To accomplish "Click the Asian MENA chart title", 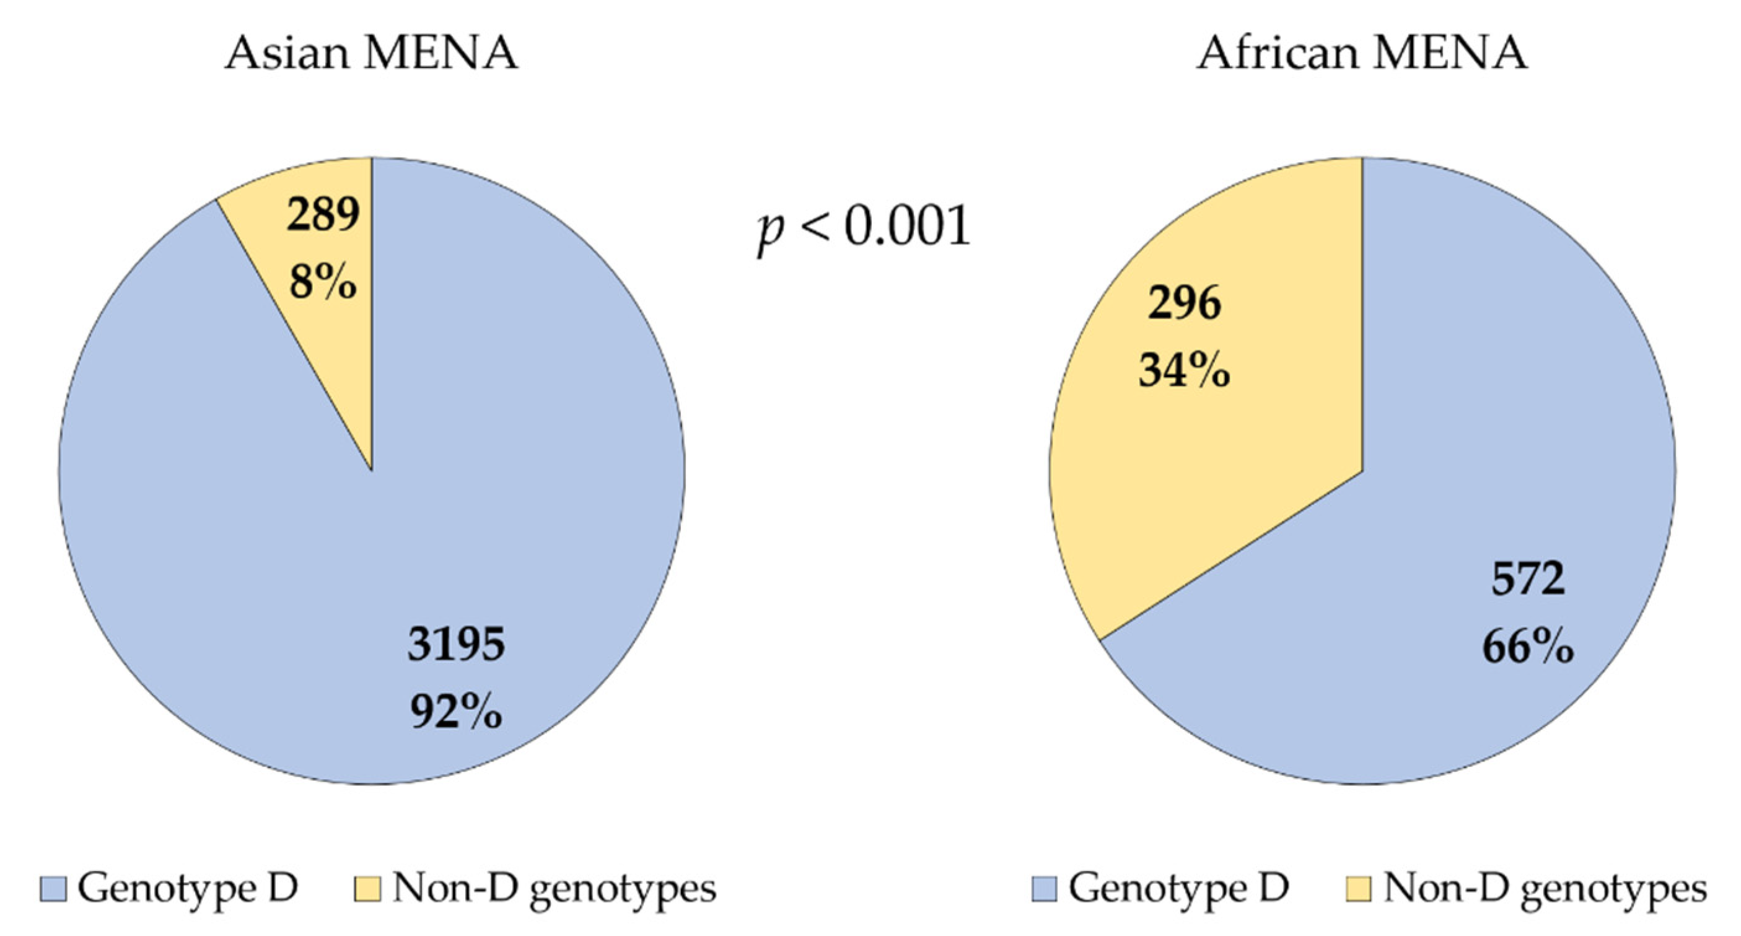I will pyautogui.click(x=371, y=53).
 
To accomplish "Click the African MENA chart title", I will pyautogui.click(x=1361, y=53).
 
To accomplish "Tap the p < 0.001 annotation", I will pyautogui.click(x=864, y=229).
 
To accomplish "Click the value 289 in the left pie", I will pyautogui.click(x=323, y=215).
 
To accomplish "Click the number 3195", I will pyautogui.click(x=456, y=644).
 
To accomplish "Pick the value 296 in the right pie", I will pyautogui.click(x=1184, y=304).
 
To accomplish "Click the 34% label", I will pyautogui.click(x=1184, y=370).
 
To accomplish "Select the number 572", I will pyautogui.click(x=1527, y=579).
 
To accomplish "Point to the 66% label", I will pyautogui.click(x=1527, y=647).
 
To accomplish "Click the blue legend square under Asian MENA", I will pyautogui.click(x=53, y=889).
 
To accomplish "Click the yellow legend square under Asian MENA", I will pyautogui.click(x=367, y=889).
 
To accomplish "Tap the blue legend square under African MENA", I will pyautogui.click(x=1044, y=889).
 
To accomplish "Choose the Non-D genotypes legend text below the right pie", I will pyautogui.click(x=1545, y=889).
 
